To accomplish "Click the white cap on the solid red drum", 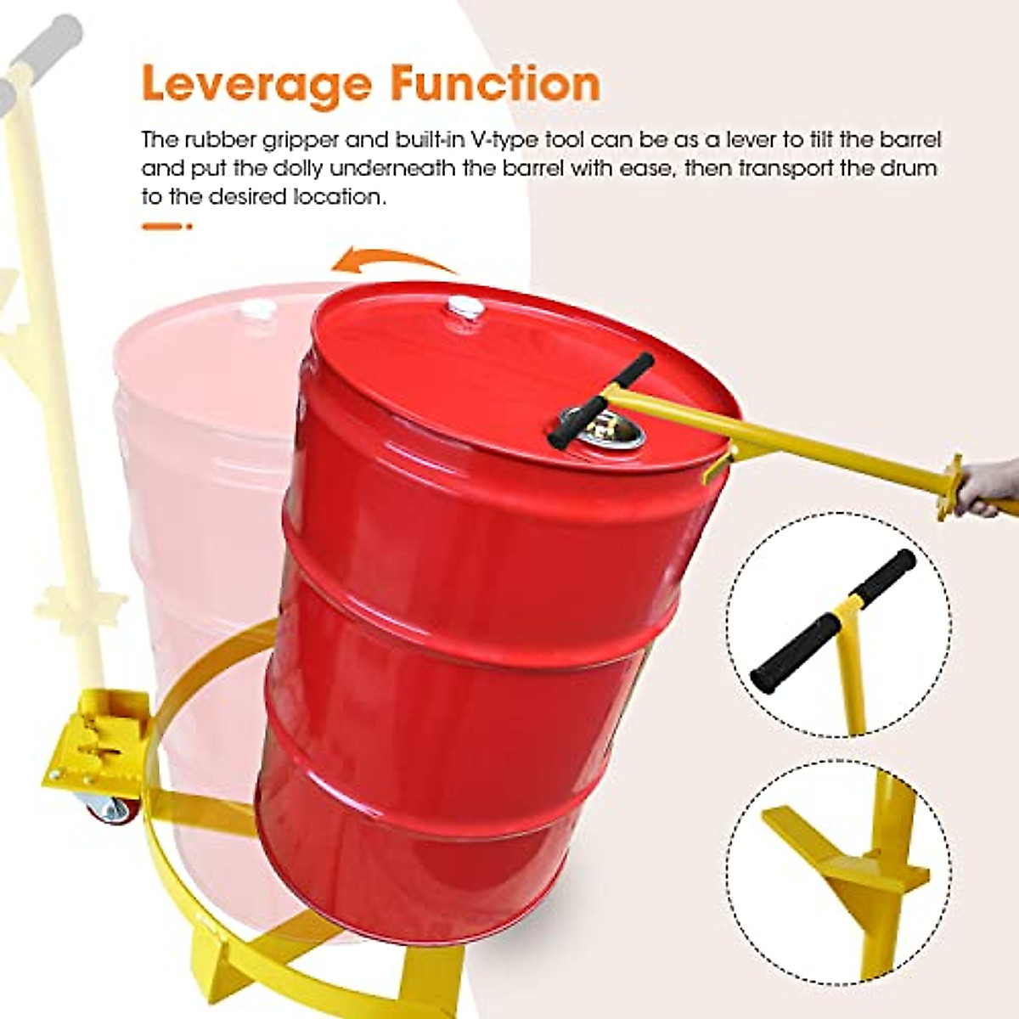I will (464, 307).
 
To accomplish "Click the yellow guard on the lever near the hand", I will (950, 487).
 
